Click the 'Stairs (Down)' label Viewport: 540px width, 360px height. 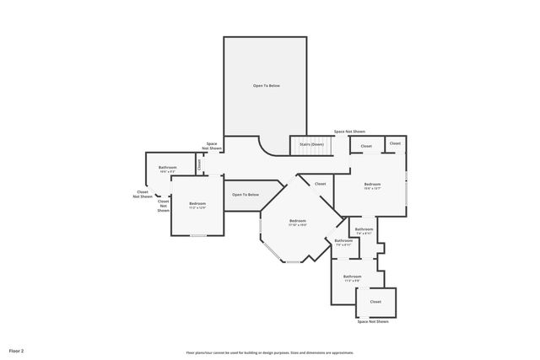coord(311,144)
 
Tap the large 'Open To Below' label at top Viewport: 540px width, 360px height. coord(266,86)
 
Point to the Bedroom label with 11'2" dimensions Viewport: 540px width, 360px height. coord(197,205)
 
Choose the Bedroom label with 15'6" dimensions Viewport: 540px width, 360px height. coord(372,186)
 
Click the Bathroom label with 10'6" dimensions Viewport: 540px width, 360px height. coord(168,169)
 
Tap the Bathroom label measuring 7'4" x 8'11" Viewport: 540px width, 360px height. coord(364,231)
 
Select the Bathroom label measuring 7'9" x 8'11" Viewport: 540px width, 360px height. coord(343,243)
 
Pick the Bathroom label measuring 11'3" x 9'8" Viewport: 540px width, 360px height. coord(352,278)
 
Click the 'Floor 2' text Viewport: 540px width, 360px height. coord(17,350)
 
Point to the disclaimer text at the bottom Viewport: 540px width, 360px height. coord(270,352)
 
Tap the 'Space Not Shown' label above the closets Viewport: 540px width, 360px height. coord(349,132)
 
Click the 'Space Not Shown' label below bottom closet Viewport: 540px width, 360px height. coord(373,321)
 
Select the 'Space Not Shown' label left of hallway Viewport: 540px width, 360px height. coord(211,146)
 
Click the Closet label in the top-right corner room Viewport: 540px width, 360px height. coord(395,144)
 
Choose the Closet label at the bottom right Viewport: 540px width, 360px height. coord(375,301)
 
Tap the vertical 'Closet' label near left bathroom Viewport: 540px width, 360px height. coord(200,165)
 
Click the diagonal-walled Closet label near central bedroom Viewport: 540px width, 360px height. coord(321,184)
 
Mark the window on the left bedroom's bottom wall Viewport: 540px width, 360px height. coord(198,236)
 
